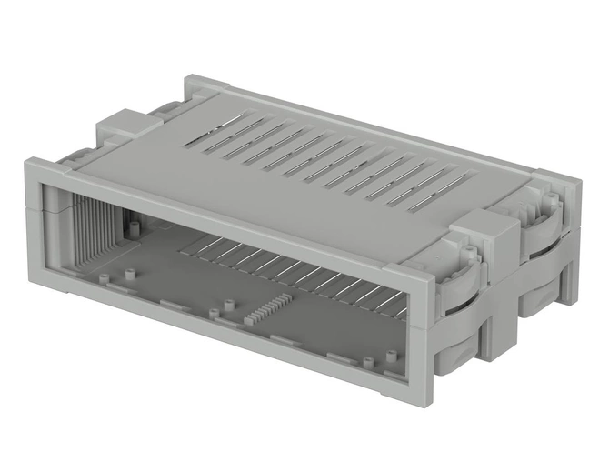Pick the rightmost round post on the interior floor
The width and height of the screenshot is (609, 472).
click(x=367, y=363)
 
